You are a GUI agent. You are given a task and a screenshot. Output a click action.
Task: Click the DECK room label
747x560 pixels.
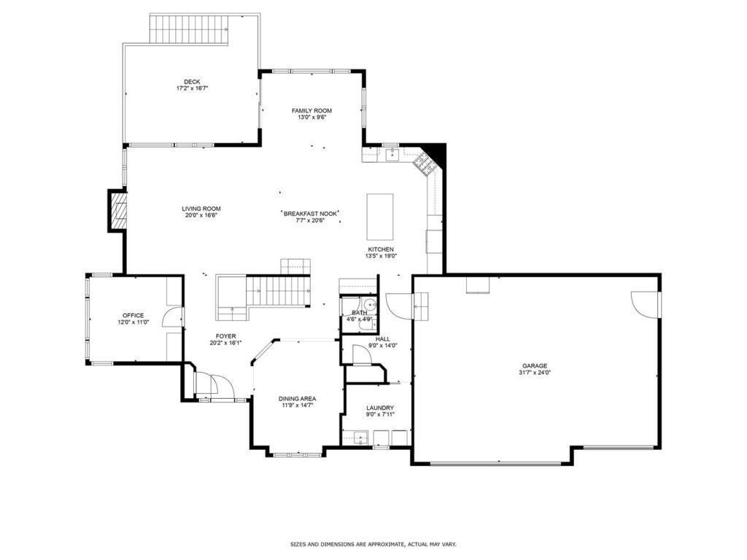coord(192,82)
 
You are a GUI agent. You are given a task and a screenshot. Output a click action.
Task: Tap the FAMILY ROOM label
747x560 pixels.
coord(311,111)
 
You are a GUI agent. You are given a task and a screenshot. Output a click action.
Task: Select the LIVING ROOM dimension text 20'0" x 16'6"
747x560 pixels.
coord(201,215)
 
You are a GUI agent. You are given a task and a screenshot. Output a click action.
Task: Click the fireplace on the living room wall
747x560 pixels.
coord(117,211)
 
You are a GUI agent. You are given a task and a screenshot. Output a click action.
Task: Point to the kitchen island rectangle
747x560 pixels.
coord(379,217)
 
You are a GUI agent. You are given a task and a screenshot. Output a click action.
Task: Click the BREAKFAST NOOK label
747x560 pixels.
coord(311,213)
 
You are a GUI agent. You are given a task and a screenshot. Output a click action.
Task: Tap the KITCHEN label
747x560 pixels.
coord(380,249)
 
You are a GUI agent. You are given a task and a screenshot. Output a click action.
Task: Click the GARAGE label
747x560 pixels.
coord(534,366)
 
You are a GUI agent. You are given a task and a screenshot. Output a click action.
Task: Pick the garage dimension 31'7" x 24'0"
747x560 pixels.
coord(534,373)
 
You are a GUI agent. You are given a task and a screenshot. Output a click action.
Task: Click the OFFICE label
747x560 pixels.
coord(133,316)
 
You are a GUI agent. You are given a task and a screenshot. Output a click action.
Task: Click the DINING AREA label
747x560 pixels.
coord(297,399)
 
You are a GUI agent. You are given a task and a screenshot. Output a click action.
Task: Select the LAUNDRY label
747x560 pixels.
coord(380,408)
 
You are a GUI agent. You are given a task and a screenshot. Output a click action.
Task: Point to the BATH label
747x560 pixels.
coord(359,313)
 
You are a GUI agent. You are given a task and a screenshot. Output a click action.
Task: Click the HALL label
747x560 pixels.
coord(382,339)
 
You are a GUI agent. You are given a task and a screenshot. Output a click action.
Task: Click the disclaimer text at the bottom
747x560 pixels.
coord(373,544)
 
